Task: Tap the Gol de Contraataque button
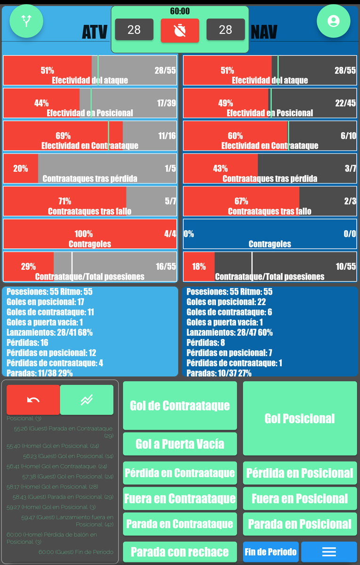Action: [180, 405]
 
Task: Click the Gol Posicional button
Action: [300, 419]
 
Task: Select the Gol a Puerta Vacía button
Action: [180, 444]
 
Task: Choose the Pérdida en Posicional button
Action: [300, 473]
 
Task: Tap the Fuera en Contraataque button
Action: [180, 499]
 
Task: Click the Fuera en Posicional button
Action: [300, 499]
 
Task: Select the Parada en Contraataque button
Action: [180, 524]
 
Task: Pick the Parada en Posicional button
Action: [300, 524]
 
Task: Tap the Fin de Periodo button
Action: [270, 552]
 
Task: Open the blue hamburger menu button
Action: [328, 552]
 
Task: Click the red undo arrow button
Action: [33, 400]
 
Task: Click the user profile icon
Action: [333, 21]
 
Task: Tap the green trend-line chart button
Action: [87, 400]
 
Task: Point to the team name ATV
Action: [95, 32]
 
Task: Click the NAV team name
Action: [264, 32]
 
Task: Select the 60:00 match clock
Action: [180, 11]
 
